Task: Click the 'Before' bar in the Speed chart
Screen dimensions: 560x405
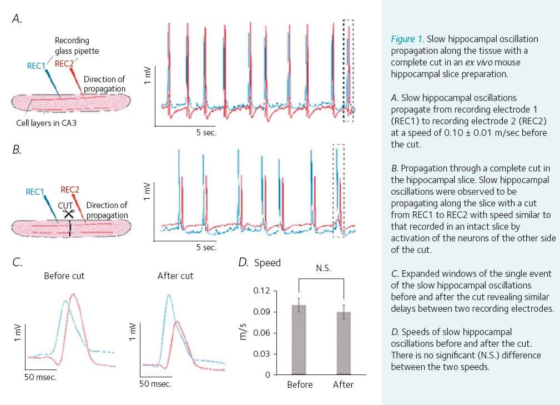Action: [299, 340]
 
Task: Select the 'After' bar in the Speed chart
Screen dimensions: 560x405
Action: [344, 343]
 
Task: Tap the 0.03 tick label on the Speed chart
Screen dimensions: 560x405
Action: [261, 354]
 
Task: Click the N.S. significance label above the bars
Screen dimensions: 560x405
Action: [324, 268]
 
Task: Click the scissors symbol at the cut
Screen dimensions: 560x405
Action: [69, 214]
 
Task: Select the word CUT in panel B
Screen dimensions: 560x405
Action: [65, 206]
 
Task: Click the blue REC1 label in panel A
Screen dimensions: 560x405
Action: [37, 65]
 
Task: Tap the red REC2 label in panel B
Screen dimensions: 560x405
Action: [70, 190]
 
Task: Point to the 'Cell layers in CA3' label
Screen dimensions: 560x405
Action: [47, 123]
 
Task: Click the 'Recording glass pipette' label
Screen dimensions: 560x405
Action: [77, 45]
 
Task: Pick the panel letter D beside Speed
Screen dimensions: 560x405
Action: [243, 262]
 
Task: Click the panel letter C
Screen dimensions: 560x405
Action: [17, 262]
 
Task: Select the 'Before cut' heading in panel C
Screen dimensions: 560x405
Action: [64, 276]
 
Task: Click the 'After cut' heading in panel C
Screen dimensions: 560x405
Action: [175, 276]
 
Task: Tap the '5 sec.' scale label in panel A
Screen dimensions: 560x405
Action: [206, 133]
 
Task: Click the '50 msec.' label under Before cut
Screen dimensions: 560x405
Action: [41, 377]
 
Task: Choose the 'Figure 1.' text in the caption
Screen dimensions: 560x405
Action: [407, 39]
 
